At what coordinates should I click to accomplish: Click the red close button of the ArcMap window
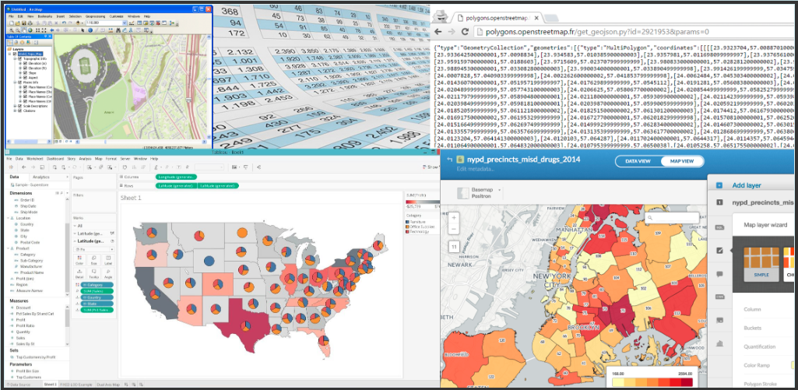(x=208, y=9)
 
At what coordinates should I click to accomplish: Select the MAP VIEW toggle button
(x=682, y=161)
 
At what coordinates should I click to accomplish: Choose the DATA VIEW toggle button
(x=637, y=161)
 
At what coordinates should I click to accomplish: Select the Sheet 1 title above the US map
(x=130, y=198)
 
